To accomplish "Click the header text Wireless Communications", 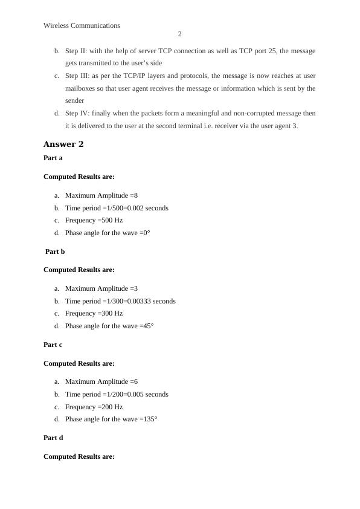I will pyautogui.click(x=82, y=25).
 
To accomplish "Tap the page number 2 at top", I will pyautogui.click(x=180, y=34).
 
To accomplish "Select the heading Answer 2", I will pyautogui.click(x=63, y=144).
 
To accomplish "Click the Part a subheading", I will pyautogui.click(x=53, y=158).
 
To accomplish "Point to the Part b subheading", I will pyautogui.click(x=55, y=251).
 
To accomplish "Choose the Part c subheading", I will pyautogui.click(x=53, y=345).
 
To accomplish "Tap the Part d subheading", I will pyautogui.click(x=53, y=438).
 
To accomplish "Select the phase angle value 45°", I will pyautogui.click(x=149, y=326).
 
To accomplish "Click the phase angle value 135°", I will pyautogui.click(x=150, y=419).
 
